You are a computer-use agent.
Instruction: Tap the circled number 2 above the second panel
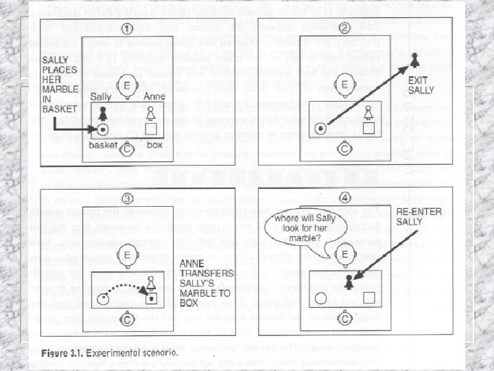(x=345, y=30)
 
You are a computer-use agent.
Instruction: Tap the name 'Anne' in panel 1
(x=153, y=98)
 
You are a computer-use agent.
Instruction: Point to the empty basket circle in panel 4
(x=320, y=298)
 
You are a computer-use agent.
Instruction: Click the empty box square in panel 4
(x=368, y=298)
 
